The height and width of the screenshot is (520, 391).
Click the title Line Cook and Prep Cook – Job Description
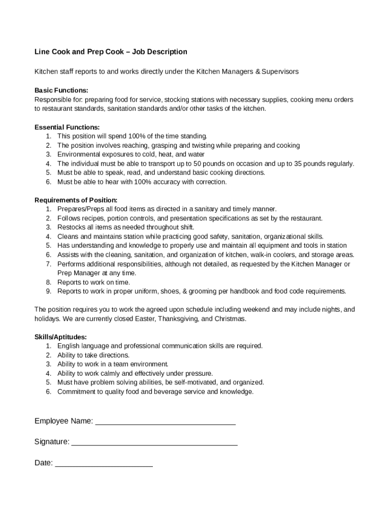pos(111,52)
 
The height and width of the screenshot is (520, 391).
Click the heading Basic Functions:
pos(61,90)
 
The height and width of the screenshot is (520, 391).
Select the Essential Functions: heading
pos(67,127)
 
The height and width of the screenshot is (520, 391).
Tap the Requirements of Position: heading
pos(76,200)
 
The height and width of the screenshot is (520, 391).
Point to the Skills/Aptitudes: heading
pos(60,337)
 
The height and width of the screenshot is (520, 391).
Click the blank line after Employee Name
pos(166,422)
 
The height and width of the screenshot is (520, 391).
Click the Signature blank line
pos(154,443)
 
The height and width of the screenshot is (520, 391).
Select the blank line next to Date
pos(104,464)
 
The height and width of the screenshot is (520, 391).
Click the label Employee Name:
pos(64,421)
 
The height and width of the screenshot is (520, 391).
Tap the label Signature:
pos(52,442)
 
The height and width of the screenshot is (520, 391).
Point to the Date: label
pos(44,463)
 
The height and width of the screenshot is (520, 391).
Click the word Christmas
pos(230,318)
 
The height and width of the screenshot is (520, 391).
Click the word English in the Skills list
pos(69,346)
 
